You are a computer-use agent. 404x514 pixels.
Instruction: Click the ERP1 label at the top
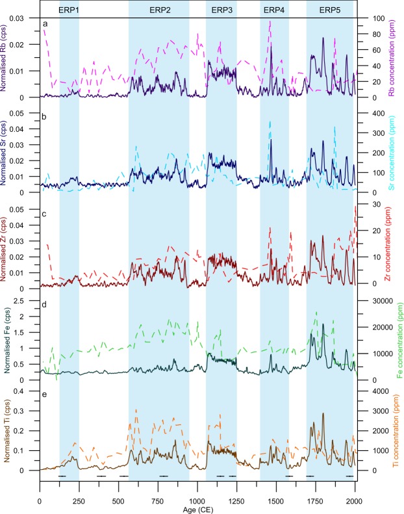coord(69,9)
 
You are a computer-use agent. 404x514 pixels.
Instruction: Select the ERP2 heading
coord(160,9)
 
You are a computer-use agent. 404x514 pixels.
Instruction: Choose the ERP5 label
coord(331,9)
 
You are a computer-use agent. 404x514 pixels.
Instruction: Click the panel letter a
coord(45,25)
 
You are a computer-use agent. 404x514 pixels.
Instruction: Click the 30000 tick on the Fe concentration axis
coord(373,302)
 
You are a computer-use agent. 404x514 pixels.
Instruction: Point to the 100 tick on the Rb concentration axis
coord(368,18)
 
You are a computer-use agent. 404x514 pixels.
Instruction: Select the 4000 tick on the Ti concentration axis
coord(371,392)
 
